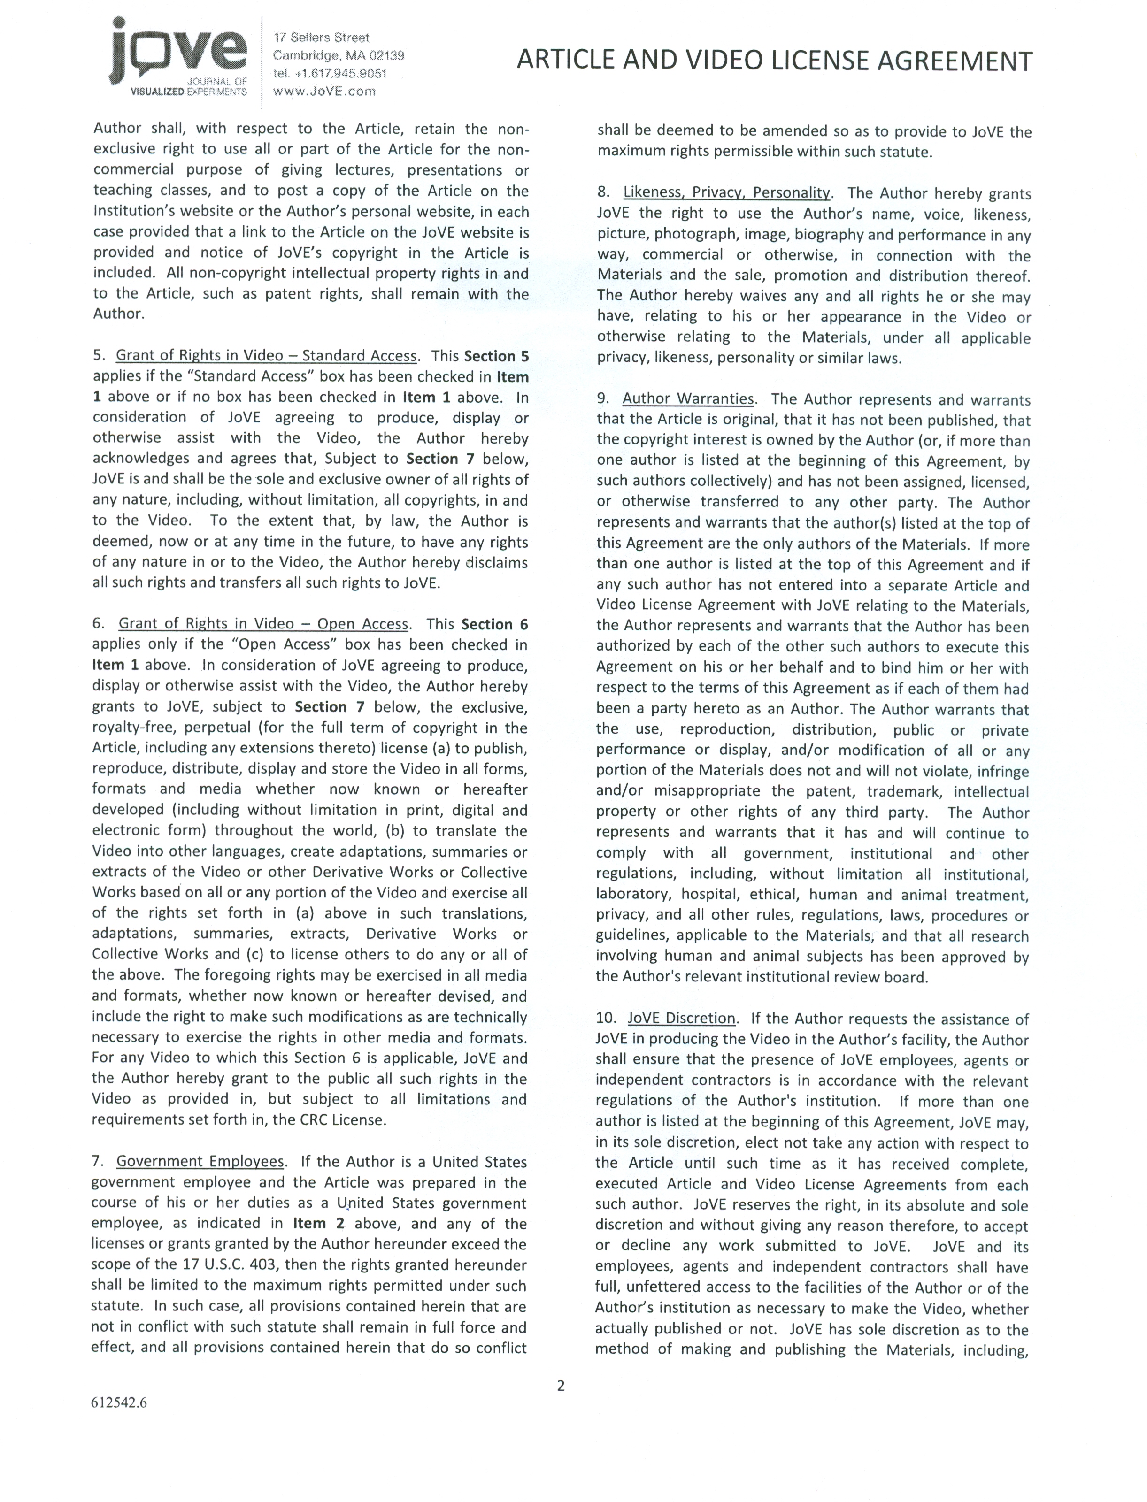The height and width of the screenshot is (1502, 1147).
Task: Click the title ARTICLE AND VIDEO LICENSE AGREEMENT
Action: (774, 61)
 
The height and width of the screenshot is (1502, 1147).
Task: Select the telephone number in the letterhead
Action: (329, 73)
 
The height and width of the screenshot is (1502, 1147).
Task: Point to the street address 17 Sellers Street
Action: (321, 38)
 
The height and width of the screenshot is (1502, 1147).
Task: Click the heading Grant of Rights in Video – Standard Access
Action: (266, 355)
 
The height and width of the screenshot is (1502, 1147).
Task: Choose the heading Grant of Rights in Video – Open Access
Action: (263, 624)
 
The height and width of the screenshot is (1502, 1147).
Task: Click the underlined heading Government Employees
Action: (200, 1162)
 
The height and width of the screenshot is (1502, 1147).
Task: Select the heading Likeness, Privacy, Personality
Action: (726, 193)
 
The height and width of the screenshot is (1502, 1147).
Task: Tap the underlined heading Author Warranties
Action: (687, 399)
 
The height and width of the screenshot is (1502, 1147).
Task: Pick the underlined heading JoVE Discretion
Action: (681, 1018)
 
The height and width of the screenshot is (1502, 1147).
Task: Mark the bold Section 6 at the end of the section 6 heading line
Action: (494, 624)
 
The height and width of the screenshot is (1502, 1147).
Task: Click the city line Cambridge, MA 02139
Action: (338, 55)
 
